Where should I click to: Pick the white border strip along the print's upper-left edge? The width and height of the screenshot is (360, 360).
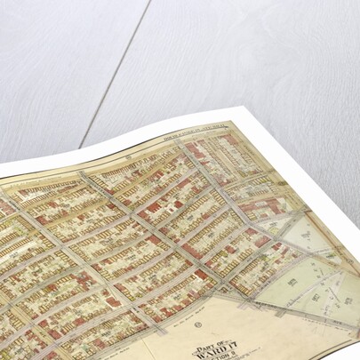[107, 142]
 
